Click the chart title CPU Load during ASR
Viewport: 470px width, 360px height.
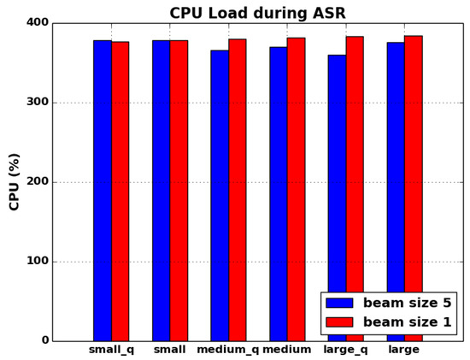(257, 13)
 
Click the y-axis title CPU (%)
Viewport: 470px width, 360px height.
(15, 181)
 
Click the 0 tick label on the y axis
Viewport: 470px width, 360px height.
(44, 341)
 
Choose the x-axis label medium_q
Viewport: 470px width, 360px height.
(227, 351)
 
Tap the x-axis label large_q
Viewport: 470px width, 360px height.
(345, 351)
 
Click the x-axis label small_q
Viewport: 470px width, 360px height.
(111, 351)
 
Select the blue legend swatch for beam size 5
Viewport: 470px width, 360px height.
(339, 303)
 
